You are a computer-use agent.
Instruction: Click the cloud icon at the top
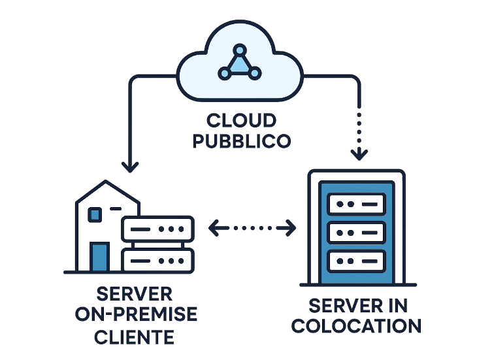pyautogui.click(x=240, y=65)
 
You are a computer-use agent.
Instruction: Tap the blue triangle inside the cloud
pyautogui.click(x=240, y=64)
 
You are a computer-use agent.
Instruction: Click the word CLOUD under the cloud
pyautogui.click(x=241, y=121)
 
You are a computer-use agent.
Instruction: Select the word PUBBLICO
pyautogui.click(x=241, y=140)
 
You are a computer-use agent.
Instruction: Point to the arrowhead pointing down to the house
pyautogui.click(x=131, y=167)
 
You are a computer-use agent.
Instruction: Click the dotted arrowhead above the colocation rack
pyautogui.click(x=359, y=155)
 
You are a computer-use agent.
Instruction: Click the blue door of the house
pyautogui.click(x=99, y=256)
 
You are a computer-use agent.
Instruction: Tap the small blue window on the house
pyautogui.click(x=95, y=214)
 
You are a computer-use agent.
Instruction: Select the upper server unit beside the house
pyautogui.click(x=157, y=229)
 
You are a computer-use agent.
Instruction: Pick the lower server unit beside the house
pyautogui.click(x=157, y=259)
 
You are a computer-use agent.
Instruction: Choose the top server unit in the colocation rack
pyautogui.click(x=356, y=205)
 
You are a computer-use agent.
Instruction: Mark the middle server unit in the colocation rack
pyautogui.click(x=356, y=232)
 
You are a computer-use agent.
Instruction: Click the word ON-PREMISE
pyautogui.click(x=136, y=314)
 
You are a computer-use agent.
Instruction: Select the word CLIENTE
pyautogui.click(x=134, y=336)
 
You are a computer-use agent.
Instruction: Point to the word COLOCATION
pyautogui.click(x=356, y=325)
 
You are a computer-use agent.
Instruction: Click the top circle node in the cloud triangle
pyautogui.click(x=240, y=49)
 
